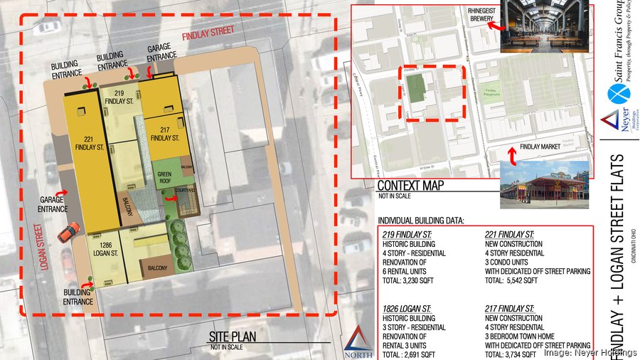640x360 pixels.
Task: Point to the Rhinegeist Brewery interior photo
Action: point(545,26)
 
